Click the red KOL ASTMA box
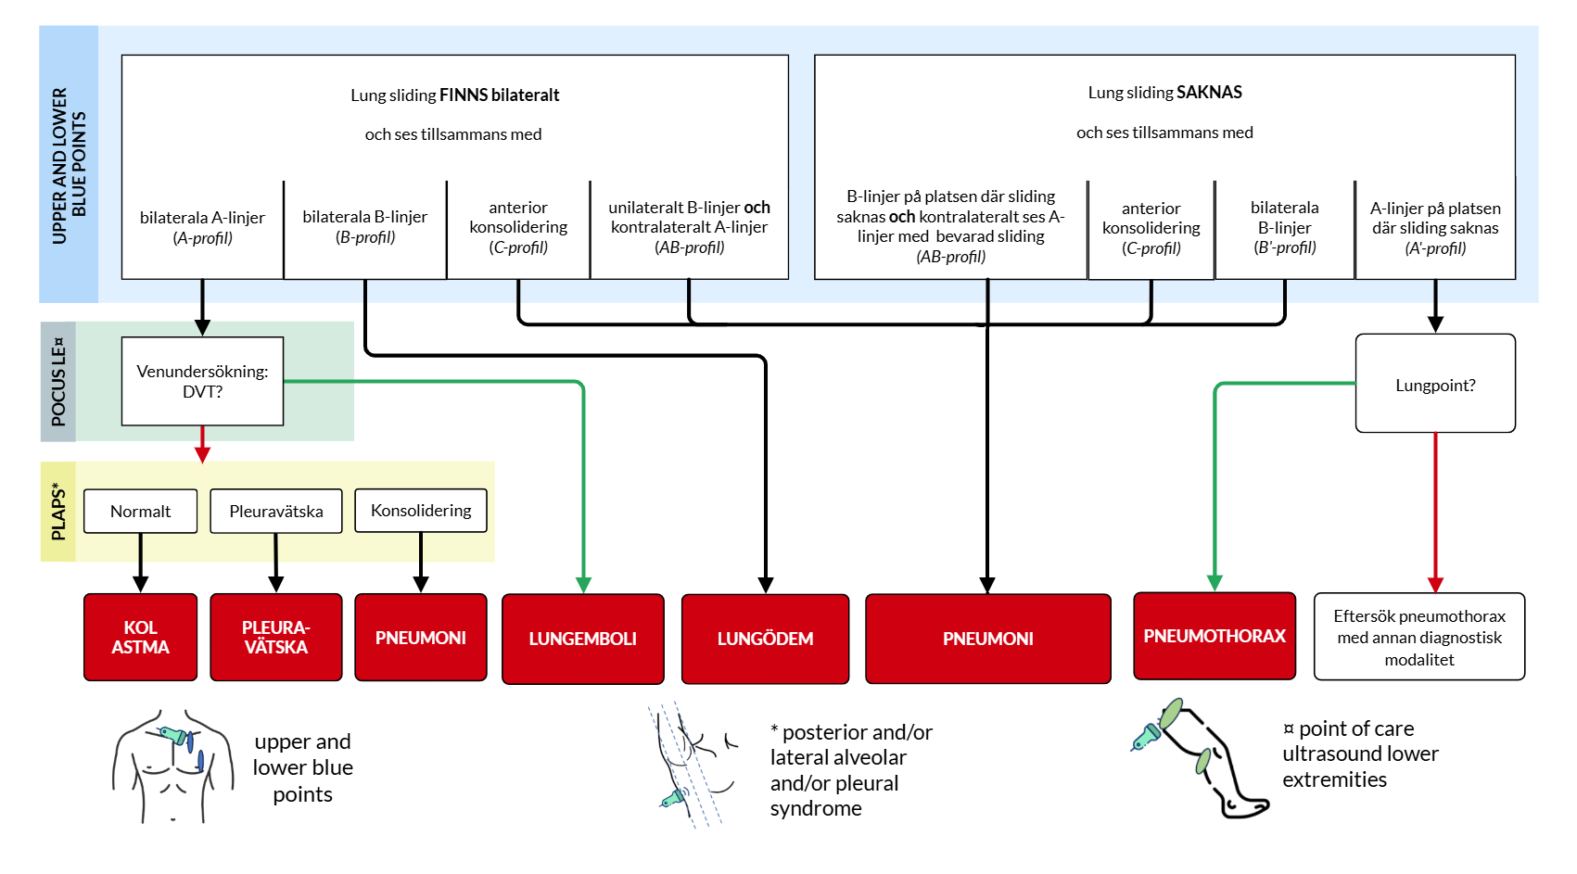click(140, 637)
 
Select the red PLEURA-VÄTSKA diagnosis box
click(276, 637)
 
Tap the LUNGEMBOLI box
click(583, 639)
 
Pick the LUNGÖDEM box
click(765, 639)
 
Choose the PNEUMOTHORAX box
click(1215, 636)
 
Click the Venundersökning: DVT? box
click(203, 381)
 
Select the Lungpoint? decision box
click(1435, 384)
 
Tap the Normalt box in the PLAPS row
click(140, 511)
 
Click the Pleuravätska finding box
click(276, 511)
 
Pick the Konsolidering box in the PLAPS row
click(421, 510)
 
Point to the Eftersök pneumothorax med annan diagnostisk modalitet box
click(1419, 637)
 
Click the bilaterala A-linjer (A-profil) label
click(203, 227)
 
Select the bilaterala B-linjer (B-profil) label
click(364, 226)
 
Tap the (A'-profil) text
click(1435, 248)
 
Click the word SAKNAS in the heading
click(1210, 92)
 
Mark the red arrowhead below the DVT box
click(203, 455)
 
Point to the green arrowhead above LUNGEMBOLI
click(584, 585)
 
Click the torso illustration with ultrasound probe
click(173, 766)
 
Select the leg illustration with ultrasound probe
click(1201, 758)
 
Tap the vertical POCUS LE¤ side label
click(58, 382)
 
